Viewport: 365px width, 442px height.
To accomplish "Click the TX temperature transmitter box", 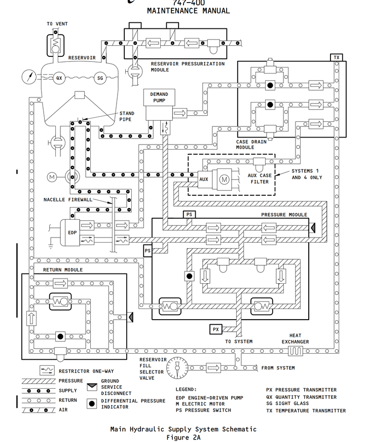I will point(336,58).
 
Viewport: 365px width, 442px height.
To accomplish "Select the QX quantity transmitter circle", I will point(59,78).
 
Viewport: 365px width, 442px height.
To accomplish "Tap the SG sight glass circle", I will point(100,78).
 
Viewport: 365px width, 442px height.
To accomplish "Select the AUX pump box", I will point(203,179).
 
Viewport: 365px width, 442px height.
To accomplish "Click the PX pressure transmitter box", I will point(216,329).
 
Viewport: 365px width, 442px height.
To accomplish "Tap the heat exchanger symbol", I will point(296,351).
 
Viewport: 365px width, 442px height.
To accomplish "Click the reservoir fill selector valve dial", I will point(177,366).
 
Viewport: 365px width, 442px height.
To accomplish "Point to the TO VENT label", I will point(57,24).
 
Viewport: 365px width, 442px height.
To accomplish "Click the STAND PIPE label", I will point(127,117).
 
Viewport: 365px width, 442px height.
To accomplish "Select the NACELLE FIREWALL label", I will point(67,200).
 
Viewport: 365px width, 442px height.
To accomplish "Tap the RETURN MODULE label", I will point(62,270).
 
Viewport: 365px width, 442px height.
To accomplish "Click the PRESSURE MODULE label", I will point(284,215).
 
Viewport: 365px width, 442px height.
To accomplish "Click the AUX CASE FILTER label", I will point(259,179).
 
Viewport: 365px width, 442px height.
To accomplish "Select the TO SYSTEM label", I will point(239,342).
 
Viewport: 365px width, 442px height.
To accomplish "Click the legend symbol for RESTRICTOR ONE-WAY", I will point(47,371).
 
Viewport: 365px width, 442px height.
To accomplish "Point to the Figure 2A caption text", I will point(183,437).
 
